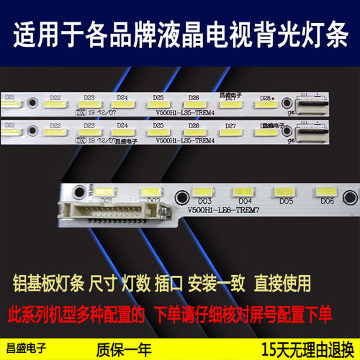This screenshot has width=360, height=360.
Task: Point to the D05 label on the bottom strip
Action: click(285, 201)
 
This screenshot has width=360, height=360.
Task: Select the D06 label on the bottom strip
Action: click(326, 201)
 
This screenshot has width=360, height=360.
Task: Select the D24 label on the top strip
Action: click(122, 97)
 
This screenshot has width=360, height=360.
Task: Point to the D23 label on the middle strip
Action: click(89, 125)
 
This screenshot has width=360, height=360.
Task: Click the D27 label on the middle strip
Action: click(230, 125)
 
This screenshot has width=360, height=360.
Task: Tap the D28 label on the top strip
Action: click(265, 98)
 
